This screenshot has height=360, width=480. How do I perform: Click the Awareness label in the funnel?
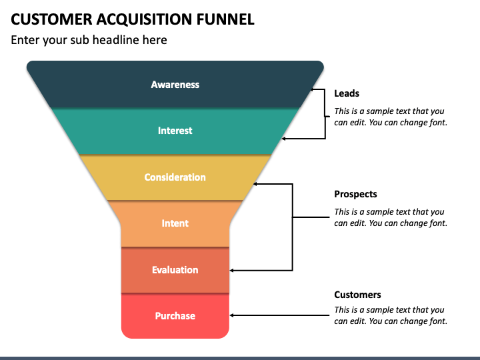[x=175, y=85]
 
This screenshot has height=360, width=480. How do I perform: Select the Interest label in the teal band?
[x=175, y=131]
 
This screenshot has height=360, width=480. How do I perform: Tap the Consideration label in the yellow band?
[x=175, y=177]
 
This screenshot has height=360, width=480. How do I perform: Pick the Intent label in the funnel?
[x=175, y=223]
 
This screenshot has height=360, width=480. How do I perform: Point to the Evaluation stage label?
[x=175, y=270]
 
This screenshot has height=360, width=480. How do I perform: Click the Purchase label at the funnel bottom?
[x=175, y=315]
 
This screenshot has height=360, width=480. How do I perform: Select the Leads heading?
[x=347, y=93]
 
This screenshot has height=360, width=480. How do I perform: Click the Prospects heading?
[x=355, y=194]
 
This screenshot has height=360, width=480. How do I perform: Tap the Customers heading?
[x=357, y=295]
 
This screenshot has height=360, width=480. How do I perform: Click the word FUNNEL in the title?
[x=225, y=19]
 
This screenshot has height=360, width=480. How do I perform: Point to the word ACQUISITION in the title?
[x=144, y=19]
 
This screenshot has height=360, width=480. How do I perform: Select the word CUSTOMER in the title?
[x=51, y=19]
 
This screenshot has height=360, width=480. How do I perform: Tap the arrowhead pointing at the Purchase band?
[x=232, y=315]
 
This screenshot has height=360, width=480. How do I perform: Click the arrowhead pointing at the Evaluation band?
[x=232, y=270]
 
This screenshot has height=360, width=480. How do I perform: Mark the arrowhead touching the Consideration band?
[x=255, y=184]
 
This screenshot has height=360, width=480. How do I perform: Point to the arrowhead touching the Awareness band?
[x=313, y=89]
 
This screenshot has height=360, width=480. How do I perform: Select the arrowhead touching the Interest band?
[x=283, y=139]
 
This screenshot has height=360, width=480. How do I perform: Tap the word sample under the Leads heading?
[x=379, y=111]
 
